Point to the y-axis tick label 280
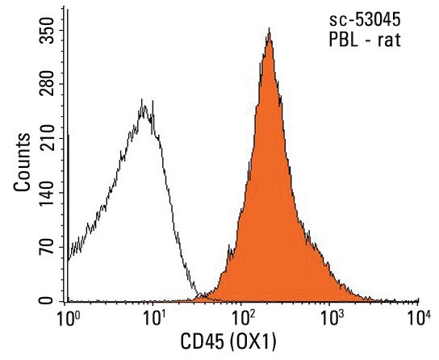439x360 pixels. (47, 84)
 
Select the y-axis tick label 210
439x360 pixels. (47, 138)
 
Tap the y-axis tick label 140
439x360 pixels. (47, 193)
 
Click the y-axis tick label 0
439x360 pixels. (47, 300)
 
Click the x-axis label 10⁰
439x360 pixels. (68, 318)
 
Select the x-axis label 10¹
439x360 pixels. (154, 318)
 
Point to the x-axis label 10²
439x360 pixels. (243, 318)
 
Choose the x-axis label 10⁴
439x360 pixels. (419, 318)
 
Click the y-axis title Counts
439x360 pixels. (22, 162)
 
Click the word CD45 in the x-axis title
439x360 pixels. (202, 341)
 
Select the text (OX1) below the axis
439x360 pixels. (253, 342)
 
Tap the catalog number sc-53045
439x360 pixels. (365, 20)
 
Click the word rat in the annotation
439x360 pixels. (389, 40)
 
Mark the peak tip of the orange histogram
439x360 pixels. (269, 28)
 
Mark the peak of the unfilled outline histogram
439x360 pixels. (142, 99)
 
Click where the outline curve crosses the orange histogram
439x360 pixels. (200, 294)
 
